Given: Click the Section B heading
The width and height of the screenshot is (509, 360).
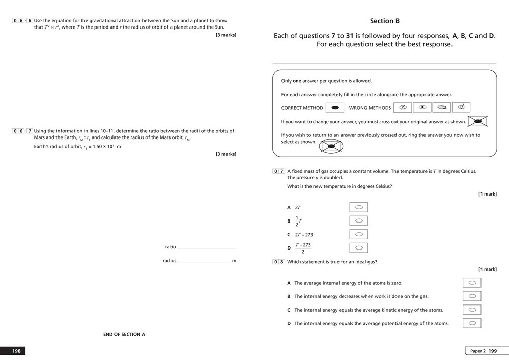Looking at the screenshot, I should pos(384,21).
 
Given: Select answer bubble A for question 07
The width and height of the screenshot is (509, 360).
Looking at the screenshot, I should pos(359,207).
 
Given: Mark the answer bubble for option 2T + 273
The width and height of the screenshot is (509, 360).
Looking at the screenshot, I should pos(359,235).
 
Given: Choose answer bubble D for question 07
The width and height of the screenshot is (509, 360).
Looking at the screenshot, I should pos(359,248).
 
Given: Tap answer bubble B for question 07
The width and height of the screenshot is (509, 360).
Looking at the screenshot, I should pos(359,221).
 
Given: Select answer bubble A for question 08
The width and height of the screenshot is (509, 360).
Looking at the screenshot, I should pos(472,283).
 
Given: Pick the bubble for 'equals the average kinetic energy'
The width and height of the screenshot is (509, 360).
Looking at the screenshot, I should pos(472,310).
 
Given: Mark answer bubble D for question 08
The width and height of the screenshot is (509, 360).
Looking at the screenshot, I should pos(472,323).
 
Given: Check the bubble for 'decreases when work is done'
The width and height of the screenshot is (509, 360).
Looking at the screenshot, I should pos(472,296).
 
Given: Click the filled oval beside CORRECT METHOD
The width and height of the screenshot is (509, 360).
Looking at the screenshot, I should pos(335,108).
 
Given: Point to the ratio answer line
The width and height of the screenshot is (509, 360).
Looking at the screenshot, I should pos(207,248).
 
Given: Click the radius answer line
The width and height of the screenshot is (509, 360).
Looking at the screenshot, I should pos(204,262).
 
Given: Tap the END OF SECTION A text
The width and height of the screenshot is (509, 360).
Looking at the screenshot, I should pos(124,334).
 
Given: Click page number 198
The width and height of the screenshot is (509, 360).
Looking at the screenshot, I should pos(16,351).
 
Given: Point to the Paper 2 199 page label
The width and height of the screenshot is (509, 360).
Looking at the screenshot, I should pos(483,351).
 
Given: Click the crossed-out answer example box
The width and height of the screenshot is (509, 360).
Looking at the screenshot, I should pos(478,121).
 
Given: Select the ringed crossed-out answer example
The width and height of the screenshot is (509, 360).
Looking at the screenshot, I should pos(331,146).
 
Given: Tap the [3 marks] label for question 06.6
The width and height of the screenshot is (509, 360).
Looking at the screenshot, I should pos(226,35).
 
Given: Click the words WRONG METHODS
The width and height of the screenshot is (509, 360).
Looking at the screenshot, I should pos(370,108).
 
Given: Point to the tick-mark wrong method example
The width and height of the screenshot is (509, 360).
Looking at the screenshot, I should pos(461,107).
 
